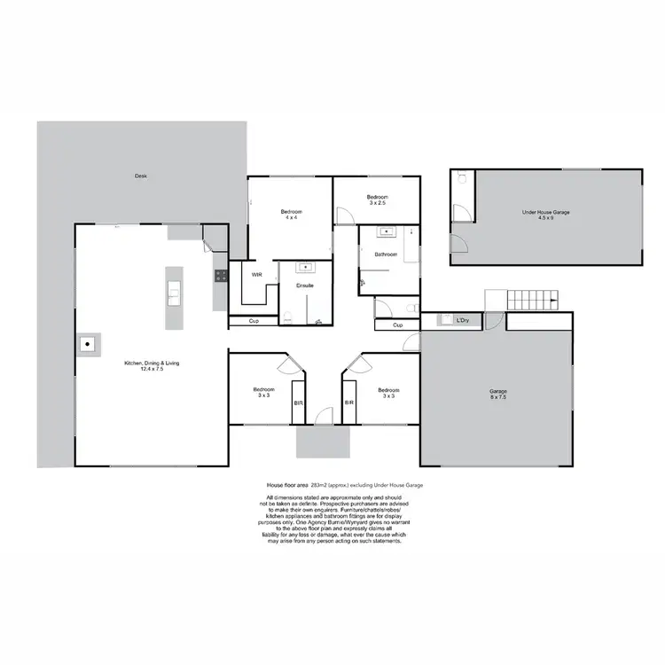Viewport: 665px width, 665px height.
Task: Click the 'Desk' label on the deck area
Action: pyautogui.click(x=140, y=176)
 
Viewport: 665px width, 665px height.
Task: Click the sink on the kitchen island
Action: pyautogui.click(x=174, y=291)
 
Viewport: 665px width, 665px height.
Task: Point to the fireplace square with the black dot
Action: pyautogui.click(x=88, y=343)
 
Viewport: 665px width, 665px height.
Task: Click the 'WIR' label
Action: pyautogui.click(x=256, y=275)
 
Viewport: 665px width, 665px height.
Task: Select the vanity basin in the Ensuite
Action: pyautogui.click(x=305, y=266)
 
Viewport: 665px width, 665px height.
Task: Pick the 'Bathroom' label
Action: pyautogui.click(x=386, y=254)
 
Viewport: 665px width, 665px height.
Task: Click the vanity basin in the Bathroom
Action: pyautogui.click(x=387, y=232)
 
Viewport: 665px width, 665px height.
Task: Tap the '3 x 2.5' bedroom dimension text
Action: pyautogui.click(x=379, y=203)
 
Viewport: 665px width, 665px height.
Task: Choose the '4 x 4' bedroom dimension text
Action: pyautogui.click(x=292, y=217)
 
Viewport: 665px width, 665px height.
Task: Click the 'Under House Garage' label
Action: pyautogui.click(x=545, y=212)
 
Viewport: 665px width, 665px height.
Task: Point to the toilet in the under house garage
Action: pyautogui.click(x=461, y=177)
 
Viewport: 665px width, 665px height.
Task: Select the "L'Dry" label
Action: pyautogui.click(x=462, y=319)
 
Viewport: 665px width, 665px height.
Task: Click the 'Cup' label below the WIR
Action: pyautogui.click(x=253, y=321)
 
